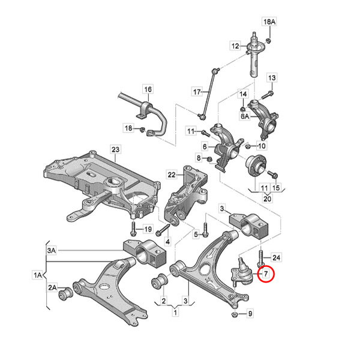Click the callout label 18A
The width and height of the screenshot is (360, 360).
[269, 22]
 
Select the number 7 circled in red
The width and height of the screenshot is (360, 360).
[266, 274]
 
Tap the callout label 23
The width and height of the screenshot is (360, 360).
[115, 149]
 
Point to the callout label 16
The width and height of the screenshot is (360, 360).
[148, 89]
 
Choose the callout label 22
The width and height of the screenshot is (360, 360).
[172, 175]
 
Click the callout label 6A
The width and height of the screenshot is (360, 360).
[245, 116]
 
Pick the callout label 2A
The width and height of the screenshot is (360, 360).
[52, 287]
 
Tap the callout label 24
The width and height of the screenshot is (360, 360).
[276, 257]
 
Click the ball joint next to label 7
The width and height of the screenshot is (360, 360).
[242, 273]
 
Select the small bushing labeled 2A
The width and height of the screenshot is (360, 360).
[66, 295]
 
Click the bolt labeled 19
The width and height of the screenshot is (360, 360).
[133, 229]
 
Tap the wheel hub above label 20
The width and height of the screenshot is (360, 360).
[256, 166]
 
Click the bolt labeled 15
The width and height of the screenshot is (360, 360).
[273, 175]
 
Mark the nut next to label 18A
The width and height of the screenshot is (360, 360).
[268, 41]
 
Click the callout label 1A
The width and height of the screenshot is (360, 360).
[38, 275]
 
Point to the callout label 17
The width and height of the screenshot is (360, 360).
[197, 92]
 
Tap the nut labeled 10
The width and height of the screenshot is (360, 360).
[247, 146]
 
